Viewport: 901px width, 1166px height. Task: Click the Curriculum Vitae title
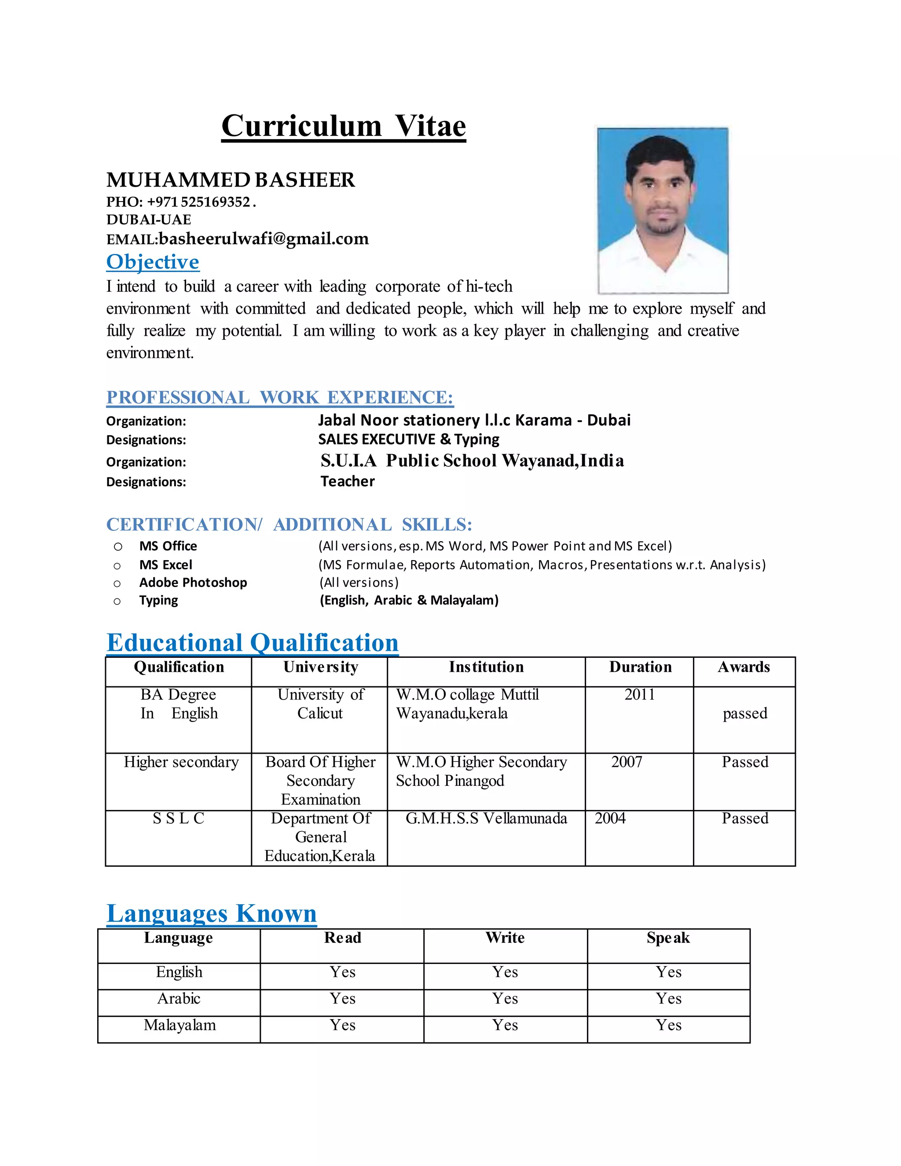click(343, 127)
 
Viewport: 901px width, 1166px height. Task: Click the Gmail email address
click(264, 238)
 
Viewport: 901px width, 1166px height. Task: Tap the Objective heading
click(153, 262)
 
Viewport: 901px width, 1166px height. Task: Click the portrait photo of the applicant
click(663, 210)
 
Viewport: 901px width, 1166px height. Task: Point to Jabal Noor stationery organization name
click(474, 420)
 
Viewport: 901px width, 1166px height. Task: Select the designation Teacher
click(348, 481)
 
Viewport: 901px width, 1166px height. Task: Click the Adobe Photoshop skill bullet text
click(193, 583)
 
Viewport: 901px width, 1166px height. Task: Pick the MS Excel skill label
click(165, 565)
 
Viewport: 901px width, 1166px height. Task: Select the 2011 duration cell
click(639, 695)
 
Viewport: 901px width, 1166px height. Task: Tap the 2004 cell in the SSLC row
click(610, 818)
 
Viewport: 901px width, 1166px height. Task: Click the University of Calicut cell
click(320, 704)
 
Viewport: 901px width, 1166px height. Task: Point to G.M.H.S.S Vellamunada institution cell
click(486, 818)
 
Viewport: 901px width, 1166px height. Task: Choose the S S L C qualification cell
click(178, 818)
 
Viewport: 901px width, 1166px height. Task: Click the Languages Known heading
click(211, 913)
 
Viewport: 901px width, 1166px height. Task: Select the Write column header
click(505, 938)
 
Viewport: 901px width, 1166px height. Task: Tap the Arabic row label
click(179, 998)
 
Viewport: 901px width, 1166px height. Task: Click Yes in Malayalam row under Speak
click(668, 1025)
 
